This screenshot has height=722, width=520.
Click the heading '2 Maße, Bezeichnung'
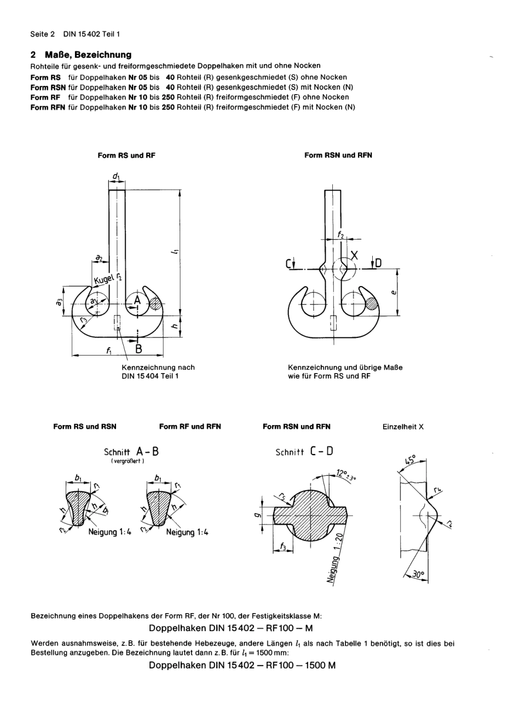[x=81, y=55]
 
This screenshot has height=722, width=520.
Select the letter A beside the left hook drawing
[x=137, y=300]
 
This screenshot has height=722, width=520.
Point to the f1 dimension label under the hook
[x=109, y=350]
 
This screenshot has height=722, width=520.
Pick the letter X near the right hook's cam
[x=354, y=255]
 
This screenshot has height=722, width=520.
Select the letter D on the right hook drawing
[x=378, y=264]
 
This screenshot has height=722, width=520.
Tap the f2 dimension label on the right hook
[x=340, y=234]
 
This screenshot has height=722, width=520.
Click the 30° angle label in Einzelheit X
[x=419, y=575]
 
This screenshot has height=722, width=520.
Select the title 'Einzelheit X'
[x=403, y=427]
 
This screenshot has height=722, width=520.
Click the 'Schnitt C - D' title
[x=304, y=452]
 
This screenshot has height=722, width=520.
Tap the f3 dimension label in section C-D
[x=282, y=546]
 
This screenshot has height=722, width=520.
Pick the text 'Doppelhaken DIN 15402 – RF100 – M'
[x=230, y=628]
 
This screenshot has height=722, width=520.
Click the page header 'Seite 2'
[x=42, y=34]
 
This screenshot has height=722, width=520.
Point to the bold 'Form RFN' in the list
[x=48, y=107]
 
